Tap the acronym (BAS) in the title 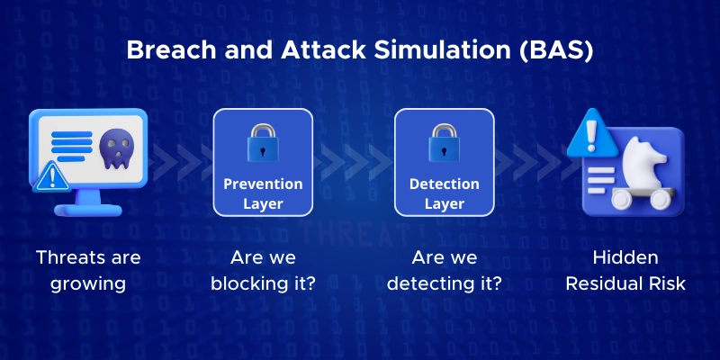[556, 50]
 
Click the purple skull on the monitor [117, 148]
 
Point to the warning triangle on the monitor [51, 176]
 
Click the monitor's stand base [87, 210]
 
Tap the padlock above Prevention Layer [263, 142]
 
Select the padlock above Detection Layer [444, 142]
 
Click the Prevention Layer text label [263, 193]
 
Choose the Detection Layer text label [444, 193]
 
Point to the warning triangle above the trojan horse [592, 133]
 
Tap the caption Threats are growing [88, 271]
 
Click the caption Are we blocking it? [263, 271]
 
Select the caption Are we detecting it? [444, 271]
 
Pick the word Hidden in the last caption [625, 257]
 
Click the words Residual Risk [625, 283]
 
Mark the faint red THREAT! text [361, 235]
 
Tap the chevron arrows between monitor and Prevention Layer [180, 162]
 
